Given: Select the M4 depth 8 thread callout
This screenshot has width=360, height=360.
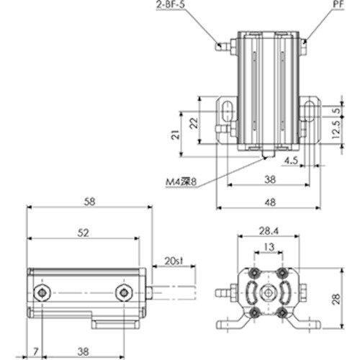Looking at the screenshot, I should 179,183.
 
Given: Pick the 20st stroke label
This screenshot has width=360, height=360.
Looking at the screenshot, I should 173,259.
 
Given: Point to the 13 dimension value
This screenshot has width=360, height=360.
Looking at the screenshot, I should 267,247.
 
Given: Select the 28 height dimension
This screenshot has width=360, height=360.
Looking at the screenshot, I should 346,298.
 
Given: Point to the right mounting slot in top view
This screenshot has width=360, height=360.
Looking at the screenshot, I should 310,112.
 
